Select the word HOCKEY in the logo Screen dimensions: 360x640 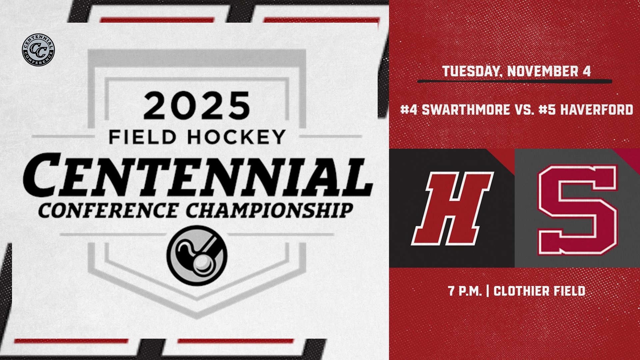[x=236, y=137]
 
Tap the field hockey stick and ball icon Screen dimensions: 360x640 [x=197, y=256]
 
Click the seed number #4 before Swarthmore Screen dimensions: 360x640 [x=409, y=109]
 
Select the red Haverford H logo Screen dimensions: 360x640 [x=452, y=208]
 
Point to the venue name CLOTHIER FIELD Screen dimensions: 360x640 [x=539, y=291]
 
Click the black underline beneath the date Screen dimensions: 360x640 [x=515, y=81]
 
